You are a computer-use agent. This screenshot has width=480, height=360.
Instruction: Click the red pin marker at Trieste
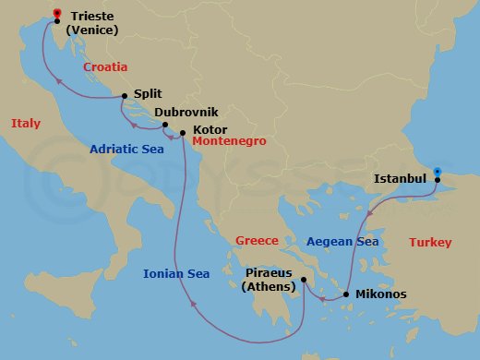(57, 14)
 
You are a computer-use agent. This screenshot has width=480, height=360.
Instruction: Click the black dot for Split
(125, 94)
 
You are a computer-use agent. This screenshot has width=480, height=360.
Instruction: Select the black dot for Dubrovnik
(164, 125)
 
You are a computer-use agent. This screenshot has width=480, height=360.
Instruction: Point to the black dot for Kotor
(182, 131)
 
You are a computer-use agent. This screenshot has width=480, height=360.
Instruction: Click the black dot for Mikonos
(345, 295)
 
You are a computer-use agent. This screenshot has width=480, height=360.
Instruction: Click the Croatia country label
(104, 67)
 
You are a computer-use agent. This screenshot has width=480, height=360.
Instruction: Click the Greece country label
(257, 240)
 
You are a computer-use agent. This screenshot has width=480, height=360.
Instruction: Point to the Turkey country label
(429, 243)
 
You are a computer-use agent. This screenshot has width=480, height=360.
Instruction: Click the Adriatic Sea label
(128, 149)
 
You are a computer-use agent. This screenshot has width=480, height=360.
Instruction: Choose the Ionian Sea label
(176, 273)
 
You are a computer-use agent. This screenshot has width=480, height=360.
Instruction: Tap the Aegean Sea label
(342, 241)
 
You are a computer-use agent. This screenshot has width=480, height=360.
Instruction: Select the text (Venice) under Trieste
(100, 30)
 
